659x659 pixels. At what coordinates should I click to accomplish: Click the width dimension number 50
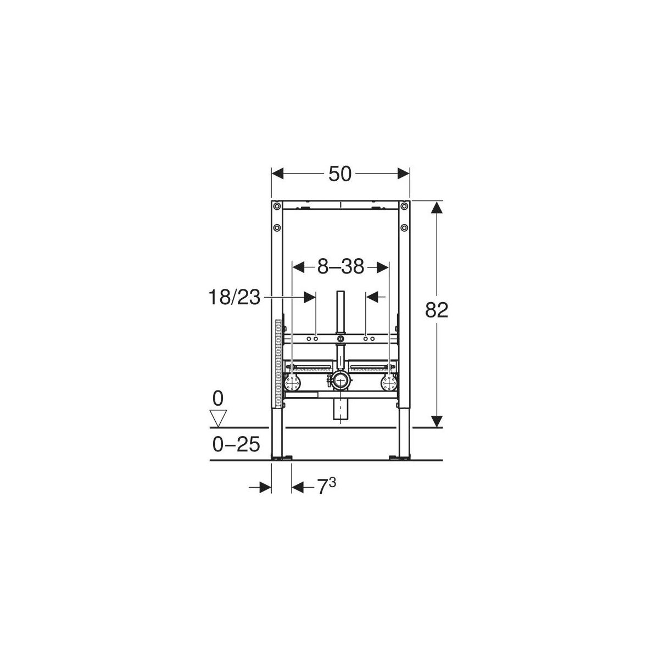point(339,174)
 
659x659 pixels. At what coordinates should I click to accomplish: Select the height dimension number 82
point(437,310)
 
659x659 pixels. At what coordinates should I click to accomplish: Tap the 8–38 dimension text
point(340,267)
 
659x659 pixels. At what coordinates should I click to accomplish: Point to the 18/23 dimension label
point(234,297)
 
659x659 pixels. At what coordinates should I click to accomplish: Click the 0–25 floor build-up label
point(236,445)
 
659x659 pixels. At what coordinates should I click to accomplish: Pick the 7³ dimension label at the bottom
point(326,487)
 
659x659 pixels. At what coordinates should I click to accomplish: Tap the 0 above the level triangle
point(218,399)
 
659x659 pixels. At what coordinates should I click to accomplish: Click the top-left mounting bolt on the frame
point(277,206)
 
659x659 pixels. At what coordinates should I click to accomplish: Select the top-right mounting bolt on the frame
point(404,206)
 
